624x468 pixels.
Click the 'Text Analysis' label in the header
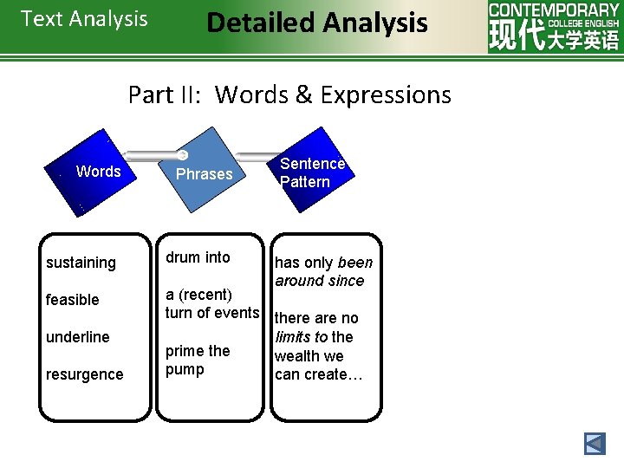pyautogui.click(x=84, y=19)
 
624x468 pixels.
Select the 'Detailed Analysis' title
pyautogui.click(x=317, y=23)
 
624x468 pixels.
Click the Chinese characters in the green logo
pyautogui.click(x=554, y=37)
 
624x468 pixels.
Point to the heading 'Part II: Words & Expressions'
pyautogui.click(x=289, y=94)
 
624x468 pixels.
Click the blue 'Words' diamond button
pyautogui.click(x=98, y=172)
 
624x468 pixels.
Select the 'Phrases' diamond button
pyautogui.click(x=204, y=173)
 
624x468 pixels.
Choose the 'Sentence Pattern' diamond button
pyautogui.click(x=312, y=172)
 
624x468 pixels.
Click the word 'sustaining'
pyautogui.click(x=81, y=263)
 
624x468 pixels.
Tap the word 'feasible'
pyautogui.click(x=73, y=300)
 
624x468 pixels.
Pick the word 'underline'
pyautogui.click(x=77, y=337)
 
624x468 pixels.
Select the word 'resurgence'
pyautogui.click(x=84, y=374)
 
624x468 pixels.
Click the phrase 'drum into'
pyautogui.click(x=198, y=257)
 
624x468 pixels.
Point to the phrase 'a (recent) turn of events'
pyautogui.click(x=212, y=304)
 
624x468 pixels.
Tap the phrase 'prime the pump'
pyautogui.click(x=198, y=361)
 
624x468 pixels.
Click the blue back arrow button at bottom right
pyautogui.click(x=595, y=444)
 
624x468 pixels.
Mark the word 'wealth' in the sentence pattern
pyautogui.click(x=296, y=356)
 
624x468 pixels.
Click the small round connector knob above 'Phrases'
pyautogui.click(x=183, y=155)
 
